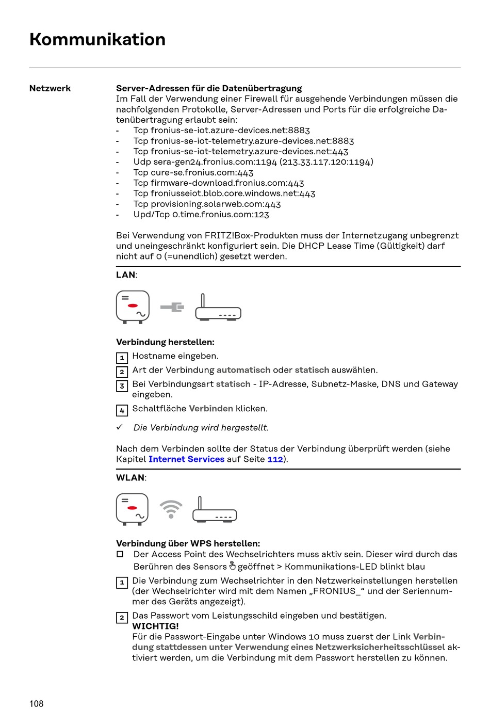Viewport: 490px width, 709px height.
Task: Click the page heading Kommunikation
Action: point(97,40)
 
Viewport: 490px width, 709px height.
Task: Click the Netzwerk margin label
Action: point(50,88)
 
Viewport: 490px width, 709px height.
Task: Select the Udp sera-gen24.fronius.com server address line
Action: point(253,162)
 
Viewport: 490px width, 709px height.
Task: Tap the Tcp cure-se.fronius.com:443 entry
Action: point(193,172)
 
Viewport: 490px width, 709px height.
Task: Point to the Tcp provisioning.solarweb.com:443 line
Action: point(207,204)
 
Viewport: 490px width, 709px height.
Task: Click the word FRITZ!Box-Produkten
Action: point(246,235)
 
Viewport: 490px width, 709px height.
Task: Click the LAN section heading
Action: point(126,275)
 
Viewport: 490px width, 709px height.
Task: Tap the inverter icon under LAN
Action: point(133,307)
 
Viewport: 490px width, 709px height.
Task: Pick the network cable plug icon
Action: point(172,308)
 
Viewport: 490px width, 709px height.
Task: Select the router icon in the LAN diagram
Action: point(218,308)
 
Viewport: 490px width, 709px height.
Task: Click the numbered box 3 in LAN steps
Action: point(122,386)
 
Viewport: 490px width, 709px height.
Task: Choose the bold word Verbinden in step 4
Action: point(211,409)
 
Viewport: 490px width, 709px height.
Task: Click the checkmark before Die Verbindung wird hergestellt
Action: point(120,427)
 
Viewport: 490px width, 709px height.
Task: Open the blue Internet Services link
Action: point(186,459)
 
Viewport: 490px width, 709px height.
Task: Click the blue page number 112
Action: point(275,459)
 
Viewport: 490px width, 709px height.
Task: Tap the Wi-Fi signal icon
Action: point(171,509)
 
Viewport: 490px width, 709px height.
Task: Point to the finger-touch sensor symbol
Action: point(232,566)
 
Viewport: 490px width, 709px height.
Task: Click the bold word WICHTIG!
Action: point(155,626)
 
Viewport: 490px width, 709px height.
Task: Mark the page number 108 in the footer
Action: point(37,704)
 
